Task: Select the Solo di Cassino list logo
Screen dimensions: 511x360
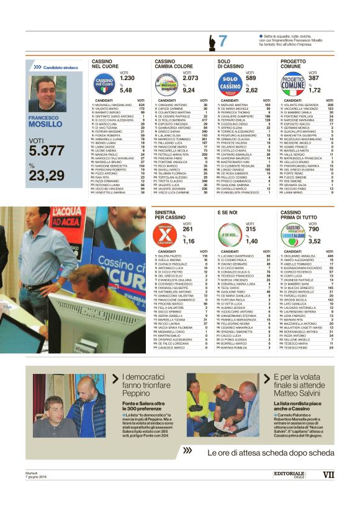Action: (x=230, y=82)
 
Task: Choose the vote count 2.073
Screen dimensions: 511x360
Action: (x=191, y=78)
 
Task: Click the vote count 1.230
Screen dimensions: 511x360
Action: (x=127, y=78)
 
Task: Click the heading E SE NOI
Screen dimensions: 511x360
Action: (x=228, y=212)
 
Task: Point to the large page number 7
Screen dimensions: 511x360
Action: (x=222, y=42)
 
